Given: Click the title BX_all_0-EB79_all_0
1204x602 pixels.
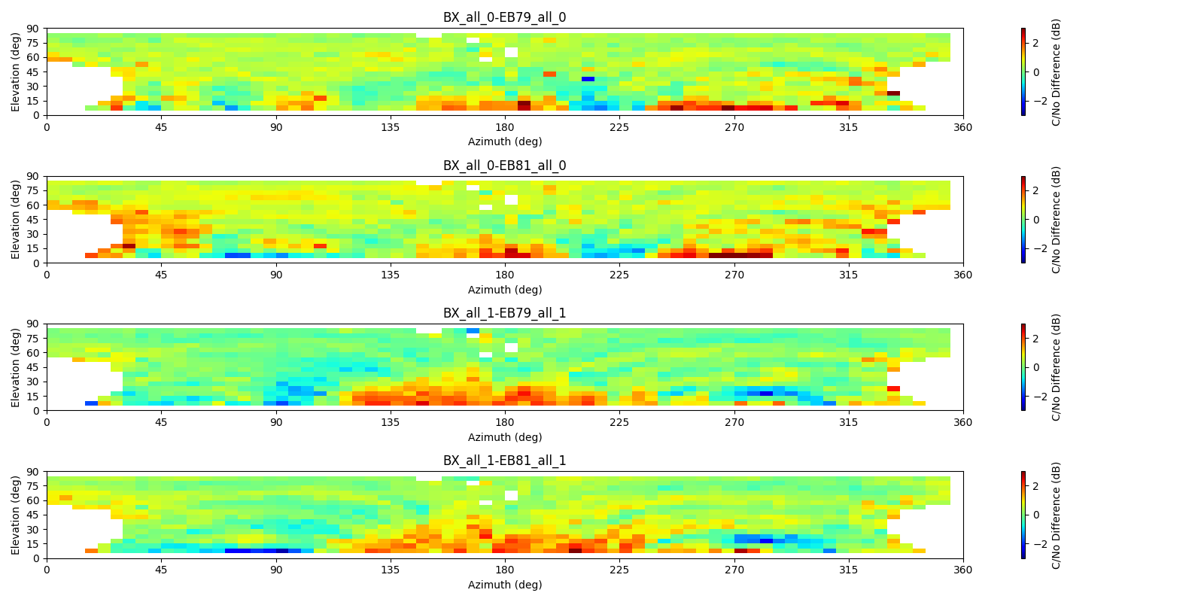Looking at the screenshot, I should [504, 17].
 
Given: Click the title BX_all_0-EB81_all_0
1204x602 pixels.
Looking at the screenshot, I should [504, 166].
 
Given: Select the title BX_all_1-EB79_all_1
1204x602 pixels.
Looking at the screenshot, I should [504, 313].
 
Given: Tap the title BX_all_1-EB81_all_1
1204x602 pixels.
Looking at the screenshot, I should [504, 461].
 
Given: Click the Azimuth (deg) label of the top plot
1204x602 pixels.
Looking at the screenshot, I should [504, 141].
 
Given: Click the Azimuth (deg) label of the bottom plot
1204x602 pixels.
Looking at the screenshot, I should [504, 585].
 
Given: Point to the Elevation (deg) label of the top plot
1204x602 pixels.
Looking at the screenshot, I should [16, 71].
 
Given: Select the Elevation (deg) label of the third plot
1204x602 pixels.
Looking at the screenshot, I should [16, 367].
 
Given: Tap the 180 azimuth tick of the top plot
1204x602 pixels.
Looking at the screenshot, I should [505, 127].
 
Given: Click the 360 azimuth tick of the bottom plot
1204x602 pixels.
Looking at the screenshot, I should [962, 570].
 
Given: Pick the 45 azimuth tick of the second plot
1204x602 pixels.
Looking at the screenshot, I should [161, 275].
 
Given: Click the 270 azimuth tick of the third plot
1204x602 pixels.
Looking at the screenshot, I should [734, 422].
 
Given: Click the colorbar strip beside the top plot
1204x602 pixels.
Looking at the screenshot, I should [1023, 71].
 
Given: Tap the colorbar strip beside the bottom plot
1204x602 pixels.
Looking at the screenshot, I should [1023, 515].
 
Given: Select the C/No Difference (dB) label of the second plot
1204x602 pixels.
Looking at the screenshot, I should [1057, 220].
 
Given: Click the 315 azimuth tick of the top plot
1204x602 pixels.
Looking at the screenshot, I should [848, 127].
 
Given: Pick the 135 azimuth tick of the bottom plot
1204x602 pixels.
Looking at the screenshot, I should [391, 570].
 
